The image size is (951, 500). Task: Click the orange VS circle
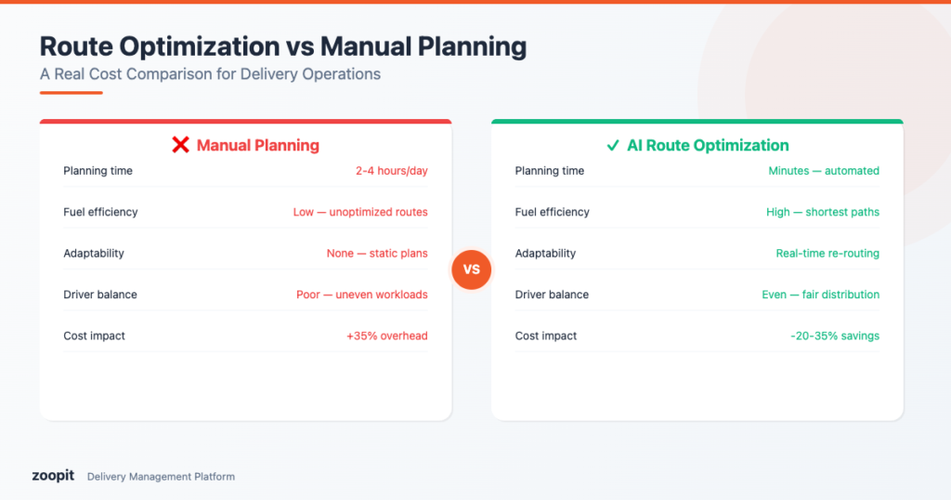click(471, 270)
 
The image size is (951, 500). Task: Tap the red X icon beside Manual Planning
click(181, 145)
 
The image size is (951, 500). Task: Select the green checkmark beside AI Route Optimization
click(613, 145)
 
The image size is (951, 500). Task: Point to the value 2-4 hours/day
click(391, 171)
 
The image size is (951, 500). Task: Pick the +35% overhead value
click(386, 336)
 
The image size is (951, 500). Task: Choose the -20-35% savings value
click(832, 336)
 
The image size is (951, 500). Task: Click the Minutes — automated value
click(824, 171)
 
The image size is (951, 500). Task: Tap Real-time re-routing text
click(827, 253)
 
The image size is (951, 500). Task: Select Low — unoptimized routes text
click(360, 212)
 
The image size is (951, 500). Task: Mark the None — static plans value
click(377, 253)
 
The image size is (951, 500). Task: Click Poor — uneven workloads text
click(361, 295)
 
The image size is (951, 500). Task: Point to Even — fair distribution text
click(820, 295)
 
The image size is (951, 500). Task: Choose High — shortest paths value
click(823, 212)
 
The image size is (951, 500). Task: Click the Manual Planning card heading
click(257, 145)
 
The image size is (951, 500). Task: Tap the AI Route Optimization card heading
click(708, 145)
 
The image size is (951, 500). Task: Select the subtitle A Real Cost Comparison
click(210, 74)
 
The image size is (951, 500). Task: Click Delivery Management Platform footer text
click(161, 477)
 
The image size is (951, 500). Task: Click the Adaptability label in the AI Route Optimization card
click(545, 253)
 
